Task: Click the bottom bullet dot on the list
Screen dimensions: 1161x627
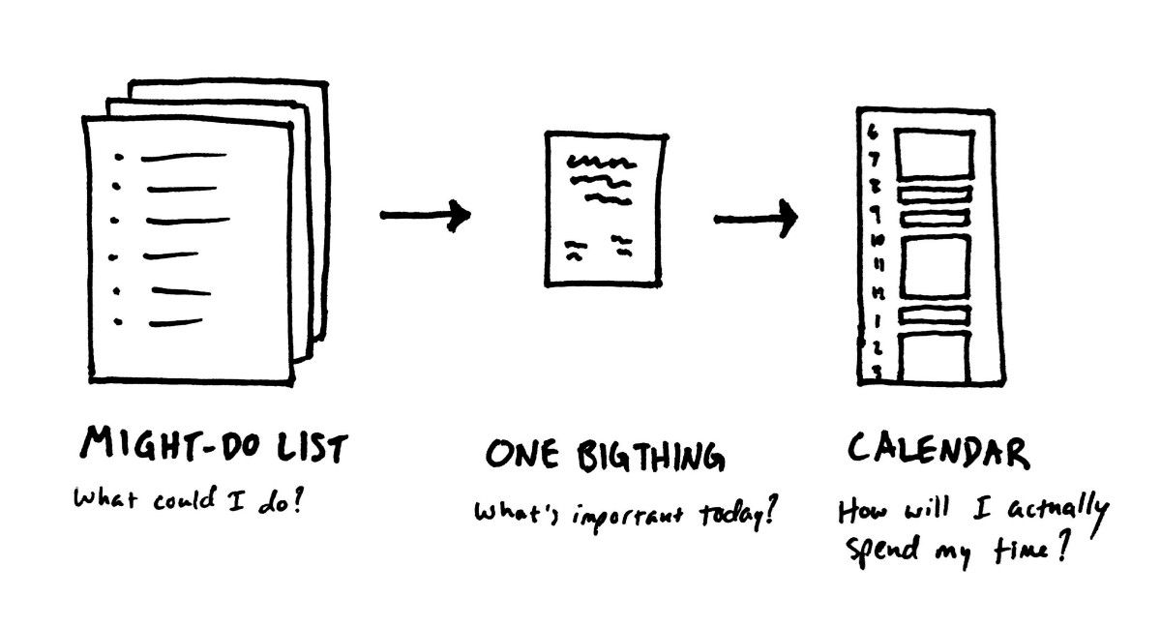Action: pyautogui.click(x=117, y=321)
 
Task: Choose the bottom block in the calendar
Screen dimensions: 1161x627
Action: pyautogui.click(x=933, y=358)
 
